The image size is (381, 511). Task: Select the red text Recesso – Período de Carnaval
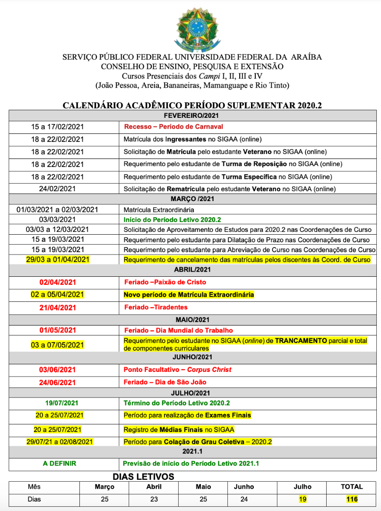(173, 127)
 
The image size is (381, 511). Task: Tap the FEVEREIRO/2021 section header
(191, 115)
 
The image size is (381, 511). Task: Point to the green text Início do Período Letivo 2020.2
(172, 220)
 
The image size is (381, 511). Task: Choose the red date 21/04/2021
(58, 307)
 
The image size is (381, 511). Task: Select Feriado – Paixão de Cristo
(165, 282)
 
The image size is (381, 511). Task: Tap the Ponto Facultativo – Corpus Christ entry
(177, 370)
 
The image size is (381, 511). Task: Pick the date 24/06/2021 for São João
(58, 382)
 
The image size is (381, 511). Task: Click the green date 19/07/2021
(58, 403)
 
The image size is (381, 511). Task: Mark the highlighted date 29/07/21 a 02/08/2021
(60, 441)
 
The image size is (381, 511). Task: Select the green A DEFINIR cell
(59, 464)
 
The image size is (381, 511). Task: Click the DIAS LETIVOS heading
(143, 476)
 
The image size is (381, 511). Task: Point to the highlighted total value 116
(352, 499)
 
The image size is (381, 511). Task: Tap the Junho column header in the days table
(244, 486)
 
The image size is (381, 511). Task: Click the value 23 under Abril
(154, 499)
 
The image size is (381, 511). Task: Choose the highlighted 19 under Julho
(303, 499)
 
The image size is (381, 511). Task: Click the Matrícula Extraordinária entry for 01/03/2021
(158, 210)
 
